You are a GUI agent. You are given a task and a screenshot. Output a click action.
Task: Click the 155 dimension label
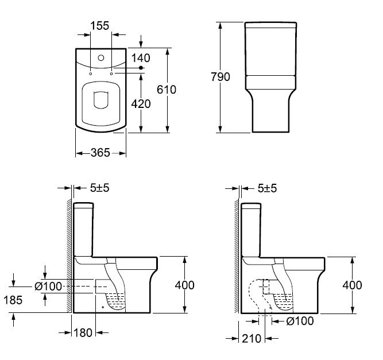tap(100, 26)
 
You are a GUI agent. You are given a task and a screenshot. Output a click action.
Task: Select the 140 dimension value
tap(141, 58)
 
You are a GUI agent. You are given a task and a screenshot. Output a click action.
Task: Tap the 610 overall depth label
tap(167, 90)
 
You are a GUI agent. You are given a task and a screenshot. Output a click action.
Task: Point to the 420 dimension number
tap(141, 104)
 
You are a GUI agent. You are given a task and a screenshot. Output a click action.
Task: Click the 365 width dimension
tap(100, 153)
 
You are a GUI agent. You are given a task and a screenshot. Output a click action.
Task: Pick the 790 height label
tap(220, 77)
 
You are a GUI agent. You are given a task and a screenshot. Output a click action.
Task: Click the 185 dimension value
tap(13, 300)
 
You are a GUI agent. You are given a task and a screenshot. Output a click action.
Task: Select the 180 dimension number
tap(83, 332)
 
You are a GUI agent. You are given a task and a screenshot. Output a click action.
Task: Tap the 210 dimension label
tap(252, 339)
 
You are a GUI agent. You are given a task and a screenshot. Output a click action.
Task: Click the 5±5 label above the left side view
tap(100, 188)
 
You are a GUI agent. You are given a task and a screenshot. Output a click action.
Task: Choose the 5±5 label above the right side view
tap(267, 188)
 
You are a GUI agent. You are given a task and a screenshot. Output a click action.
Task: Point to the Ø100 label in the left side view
tap(48, 287)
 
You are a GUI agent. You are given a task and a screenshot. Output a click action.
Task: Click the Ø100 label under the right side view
tap(300, 321)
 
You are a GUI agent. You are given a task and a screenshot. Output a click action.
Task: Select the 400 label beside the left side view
tap(185, 285)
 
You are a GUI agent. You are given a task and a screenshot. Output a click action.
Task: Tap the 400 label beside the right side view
tap(352, 285)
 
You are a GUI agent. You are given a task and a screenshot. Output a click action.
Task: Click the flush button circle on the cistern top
tap(101, 58)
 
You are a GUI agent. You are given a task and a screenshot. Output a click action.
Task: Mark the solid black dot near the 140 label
tap(141, 68)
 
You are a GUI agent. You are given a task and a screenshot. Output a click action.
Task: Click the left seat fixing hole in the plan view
tap(90, 73)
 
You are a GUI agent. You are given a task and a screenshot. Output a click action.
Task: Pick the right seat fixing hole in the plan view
tap(111, 73)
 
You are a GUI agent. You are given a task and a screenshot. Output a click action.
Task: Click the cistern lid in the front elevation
tap(270, 25)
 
